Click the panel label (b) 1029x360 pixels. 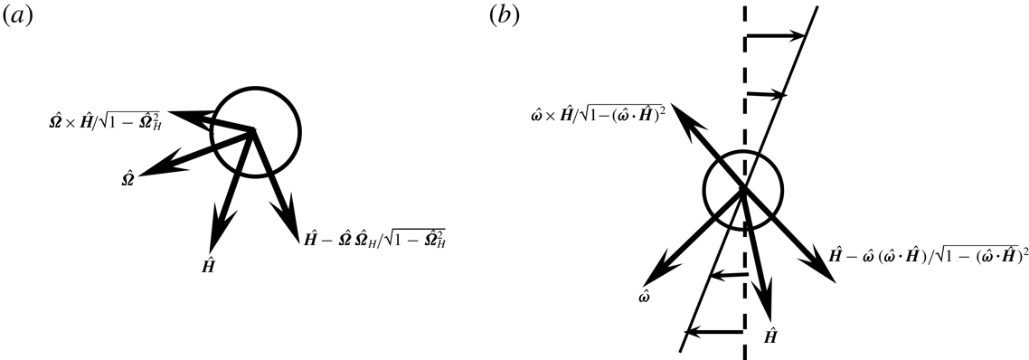(504, 16)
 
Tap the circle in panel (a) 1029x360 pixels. (254, 132)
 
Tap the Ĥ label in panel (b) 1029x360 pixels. (771, 336)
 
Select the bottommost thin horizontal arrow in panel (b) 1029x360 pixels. (715, 332)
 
